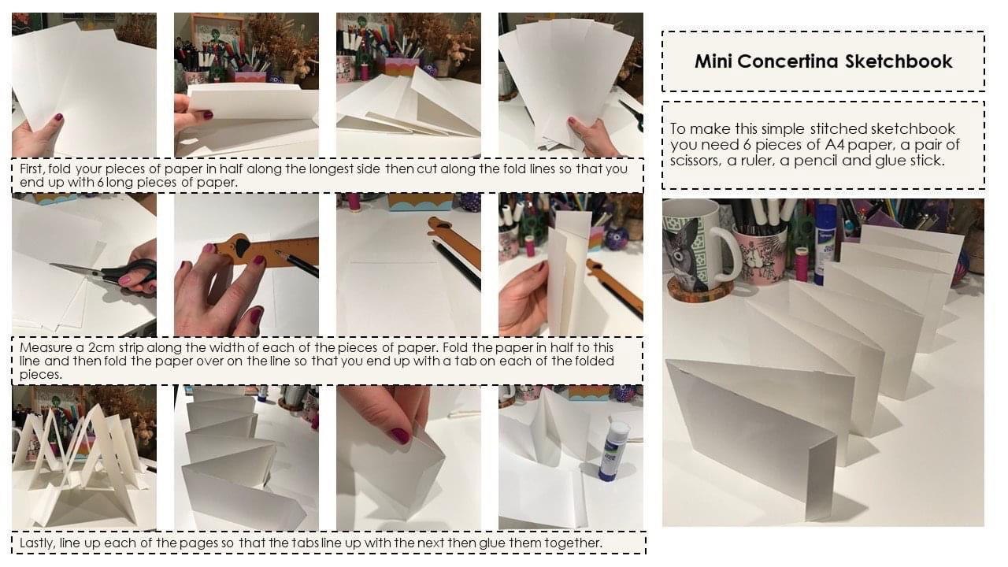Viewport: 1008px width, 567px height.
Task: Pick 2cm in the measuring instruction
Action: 101,348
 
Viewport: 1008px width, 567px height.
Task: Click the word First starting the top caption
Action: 32,169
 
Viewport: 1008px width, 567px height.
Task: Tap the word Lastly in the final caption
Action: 37,543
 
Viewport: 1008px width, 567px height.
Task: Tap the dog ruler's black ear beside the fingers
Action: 242,246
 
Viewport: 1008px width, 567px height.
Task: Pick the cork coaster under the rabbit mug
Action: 697,291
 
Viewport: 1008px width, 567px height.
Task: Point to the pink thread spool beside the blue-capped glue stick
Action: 802,265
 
